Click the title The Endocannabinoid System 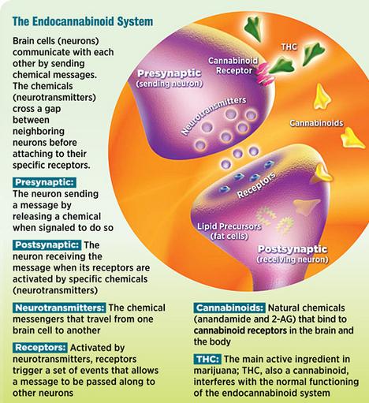[83, 21]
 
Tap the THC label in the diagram [289, 47]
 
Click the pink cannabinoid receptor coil [264, 73]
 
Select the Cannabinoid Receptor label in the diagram [233, 65]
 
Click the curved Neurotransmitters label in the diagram [214, 115]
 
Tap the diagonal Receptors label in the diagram [256, 185]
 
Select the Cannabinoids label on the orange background [316, 123]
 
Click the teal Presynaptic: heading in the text [44, 182]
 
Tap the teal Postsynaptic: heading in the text [47, 244]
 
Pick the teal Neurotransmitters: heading [59, 308]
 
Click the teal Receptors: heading [40, 347]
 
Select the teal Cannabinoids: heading [229, 308]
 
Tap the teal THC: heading [207, 359]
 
